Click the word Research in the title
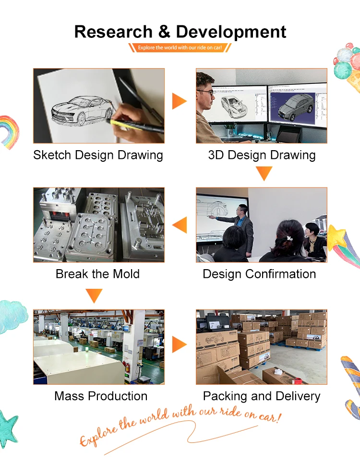click(x=113, y=32)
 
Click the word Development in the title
click(x=231, y=32)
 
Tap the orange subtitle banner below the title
click(x=180, y=47)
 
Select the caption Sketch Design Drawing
click(x=98, y=155)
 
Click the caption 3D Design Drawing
click(x=262, y=155)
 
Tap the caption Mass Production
click(x=101, y=396)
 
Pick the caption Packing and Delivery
click(x=262, y=396)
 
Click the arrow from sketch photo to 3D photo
click(x=179, y=101)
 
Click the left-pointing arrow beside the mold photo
click(x=180, y=225)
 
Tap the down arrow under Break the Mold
click(x=94, y=295)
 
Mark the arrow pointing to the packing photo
click(x=179, y=344)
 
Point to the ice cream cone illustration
click(x=348, y=67)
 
